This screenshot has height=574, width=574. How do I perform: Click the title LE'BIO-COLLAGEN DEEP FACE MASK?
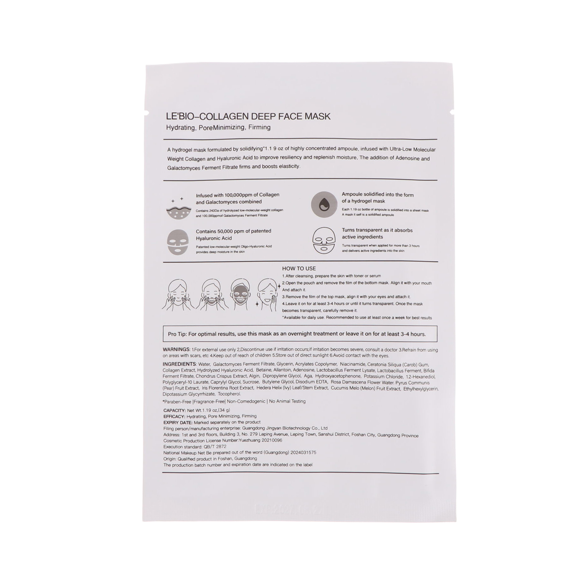click(x=248, y=116)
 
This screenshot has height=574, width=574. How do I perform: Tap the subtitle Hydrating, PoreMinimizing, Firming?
click(x=218, y=127)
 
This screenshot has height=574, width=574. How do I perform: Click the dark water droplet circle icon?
click(x=324, y=204)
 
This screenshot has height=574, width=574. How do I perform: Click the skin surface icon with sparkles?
click(x=178, y=209)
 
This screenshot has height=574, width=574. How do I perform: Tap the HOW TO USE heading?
click(x=299, y=268)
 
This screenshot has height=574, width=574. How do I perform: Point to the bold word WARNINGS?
click(x=176, y=349)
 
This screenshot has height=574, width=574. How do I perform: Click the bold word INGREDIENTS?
click(x=179, y=364)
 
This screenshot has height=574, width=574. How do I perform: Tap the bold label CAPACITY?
click(x=174, y=410)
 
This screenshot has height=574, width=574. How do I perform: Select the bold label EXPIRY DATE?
click(x=178, y=422)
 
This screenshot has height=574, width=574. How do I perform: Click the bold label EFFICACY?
click(x=174, y=416)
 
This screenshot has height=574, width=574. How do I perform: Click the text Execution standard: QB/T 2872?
click(x=195, y=447)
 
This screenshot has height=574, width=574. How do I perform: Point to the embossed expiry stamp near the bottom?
click(x=287, y=509)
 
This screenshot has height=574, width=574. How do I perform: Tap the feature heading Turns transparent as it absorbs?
click(x=377, y=230)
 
